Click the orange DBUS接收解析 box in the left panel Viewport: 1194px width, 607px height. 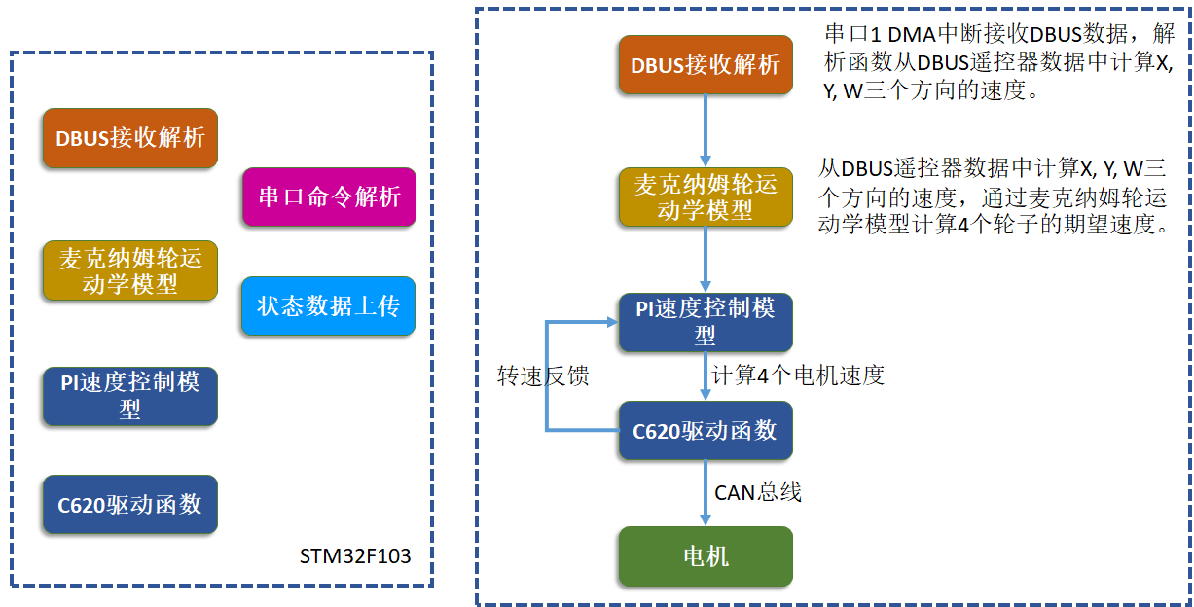pyautogui.click(x=129, y=138)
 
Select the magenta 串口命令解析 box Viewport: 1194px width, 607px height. pyautogui.click(x=329, y=197)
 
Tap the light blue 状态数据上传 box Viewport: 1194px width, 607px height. pyautogui.click(x=329, y=306)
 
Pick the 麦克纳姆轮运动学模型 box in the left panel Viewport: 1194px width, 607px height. pyautogui.click(x=129, y=271)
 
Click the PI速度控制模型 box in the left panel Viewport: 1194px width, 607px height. pyautogui.click(x=129, y=396)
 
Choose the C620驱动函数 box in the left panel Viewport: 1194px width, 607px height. pyautogui.click(x=129, y=505)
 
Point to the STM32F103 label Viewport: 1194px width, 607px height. pyautogui.click(x=355, y=556)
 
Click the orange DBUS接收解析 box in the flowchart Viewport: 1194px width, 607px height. pyautogui.click(x=706, y=66)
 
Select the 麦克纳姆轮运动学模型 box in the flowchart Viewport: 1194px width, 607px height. pyautogui.click(x=706, y=197)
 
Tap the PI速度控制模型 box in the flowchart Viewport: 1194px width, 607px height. pyautogui.click(x=706, y=322)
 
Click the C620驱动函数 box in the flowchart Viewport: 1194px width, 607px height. pyautogui.click(x=706, y=430)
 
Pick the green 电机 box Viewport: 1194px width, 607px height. pyautogui.click(x=706, y=556)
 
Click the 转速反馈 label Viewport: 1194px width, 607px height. pyautogui.click(x=543, y=375)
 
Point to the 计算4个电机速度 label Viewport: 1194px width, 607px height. pyautogui.click(x=798, y=375)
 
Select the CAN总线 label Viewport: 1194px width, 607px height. pyautogui.click(x=758, y=492)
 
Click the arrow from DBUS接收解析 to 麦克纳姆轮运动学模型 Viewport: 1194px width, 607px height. pyautogui.click(x=706, y=131)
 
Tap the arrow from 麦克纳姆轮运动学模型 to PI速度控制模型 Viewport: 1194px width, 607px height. pyautogui.click(x=706, y=260)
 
